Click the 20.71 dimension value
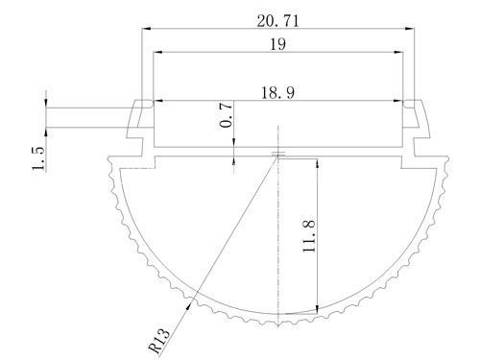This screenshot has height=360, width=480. pyautogui.click(x=277, y=21)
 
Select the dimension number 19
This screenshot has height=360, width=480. pyautogui.click(x=277, y=44)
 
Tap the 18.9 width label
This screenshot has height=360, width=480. pyautogui.click(x=277, y=93)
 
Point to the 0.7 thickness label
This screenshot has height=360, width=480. pyautogui.click(x=227, y=115)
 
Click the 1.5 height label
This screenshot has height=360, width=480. pyautogui.click(x=38, y=158)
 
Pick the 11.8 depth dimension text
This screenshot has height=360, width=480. pyautogui.click(x=309, y=236)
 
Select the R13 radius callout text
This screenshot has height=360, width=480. pyautogui.click(x=159, y=341)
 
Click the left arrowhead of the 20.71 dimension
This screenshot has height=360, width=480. pyautogui.click(x=146, y=29)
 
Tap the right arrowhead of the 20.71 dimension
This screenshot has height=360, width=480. pyautogui.click(x=410, y=29)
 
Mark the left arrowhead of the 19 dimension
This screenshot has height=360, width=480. pyautogui.click(x=157, y=52)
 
